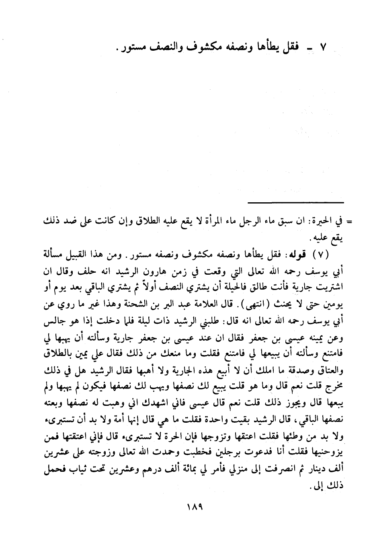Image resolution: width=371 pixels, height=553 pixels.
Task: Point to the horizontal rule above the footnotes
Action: pos(296,202)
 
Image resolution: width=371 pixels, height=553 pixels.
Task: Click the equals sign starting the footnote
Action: pos(349,221)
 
